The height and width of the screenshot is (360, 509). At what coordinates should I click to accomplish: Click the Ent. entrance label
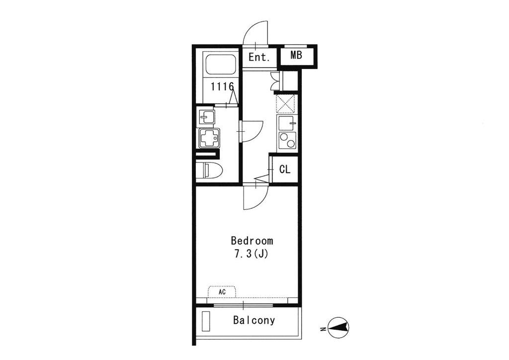[x=259, y=58]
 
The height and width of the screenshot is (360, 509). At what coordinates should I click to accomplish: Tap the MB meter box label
[x=296, y=55]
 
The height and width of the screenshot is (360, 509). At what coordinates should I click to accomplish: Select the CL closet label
[x=285, y=169]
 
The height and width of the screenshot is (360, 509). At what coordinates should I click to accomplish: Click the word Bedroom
[x=252, y=241]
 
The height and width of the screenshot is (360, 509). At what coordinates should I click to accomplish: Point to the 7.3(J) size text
[x=252, y=254]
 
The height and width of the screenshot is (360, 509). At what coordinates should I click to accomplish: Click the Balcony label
[x=254, y=320]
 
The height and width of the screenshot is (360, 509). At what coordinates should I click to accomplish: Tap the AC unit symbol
[x=222, y=291]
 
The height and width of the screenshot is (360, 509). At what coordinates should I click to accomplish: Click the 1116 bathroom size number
[x=222, y=87]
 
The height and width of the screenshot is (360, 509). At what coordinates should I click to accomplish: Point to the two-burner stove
[x=286, y=141]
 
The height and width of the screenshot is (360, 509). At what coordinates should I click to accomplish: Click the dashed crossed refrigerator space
[x=285, y=104]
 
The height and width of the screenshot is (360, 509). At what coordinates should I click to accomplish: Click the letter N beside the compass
[x=323, y=330]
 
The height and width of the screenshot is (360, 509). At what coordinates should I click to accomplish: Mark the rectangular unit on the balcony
[x=206, y=321]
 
